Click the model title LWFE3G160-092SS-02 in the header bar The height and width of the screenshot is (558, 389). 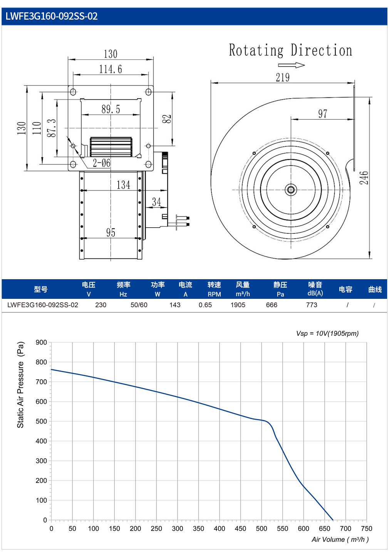tap(51, 16)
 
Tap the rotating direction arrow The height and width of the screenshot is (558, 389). tap(291, 65)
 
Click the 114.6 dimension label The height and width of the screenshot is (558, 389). tap(111, 69)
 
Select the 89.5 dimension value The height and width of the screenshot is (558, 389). tap(111, 109)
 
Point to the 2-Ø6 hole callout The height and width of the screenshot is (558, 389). tap(101, 163)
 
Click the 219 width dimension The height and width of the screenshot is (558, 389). tap(283, 77)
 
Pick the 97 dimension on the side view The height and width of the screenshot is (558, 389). tap(322, 114)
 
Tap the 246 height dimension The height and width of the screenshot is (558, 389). tap(364, 178)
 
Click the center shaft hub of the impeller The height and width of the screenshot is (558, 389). tap(291, 190)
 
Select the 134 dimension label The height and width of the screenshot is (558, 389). tap(123, 185)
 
